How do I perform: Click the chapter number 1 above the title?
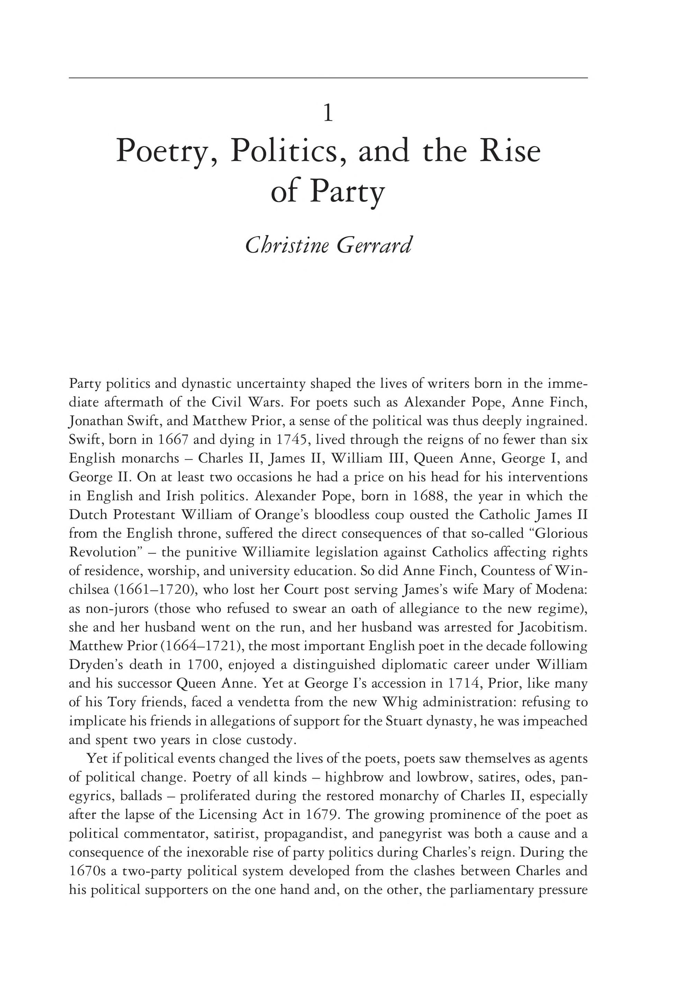[x=328, y=114]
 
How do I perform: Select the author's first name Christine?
[x=287, y=245]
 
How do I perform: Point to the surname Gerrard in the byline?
[x=374, y=245]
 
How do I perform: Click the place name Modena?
[x=561, y=590]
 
